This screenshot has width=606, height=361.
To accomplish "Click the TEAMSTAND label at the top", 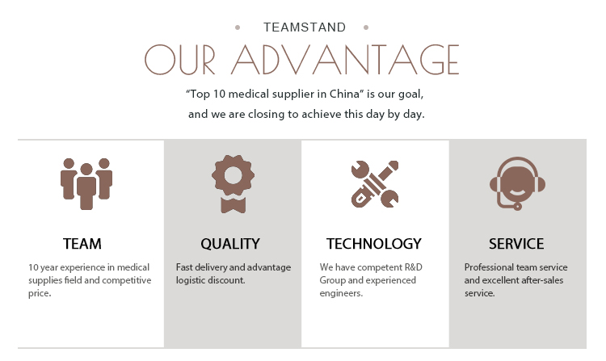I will (305, 27).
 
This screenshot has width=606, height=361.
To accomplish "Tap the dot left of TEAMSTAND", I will (238, 27).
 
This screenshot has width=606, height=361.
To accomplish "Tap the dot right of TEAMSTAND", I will (367, 27).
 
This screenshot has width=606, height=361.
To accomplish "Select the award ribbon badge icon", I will (234, 183).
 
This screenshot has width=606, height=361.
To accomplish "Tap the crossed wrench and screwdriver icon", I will (374, 183).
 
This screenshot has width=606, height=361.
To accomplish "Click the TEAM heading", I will (82, 243).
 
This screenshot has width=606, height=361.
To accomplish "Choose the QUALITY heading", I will (230, 243).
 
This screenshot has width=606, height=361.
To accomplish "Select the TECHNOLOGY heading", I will (374, 243).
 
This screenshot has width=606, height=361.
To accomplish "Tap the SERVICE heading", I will (516, 243).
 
